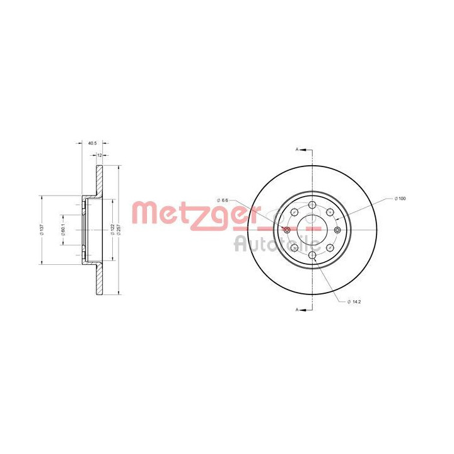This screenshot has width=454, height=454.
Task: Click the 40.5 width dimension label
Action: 92,143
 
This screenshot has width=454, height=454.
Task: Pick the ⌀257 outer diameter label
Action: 119,230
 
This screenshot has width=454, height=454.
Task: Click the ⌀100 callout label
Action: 399,199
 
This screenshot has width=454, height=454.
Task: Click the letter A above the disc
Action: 297,149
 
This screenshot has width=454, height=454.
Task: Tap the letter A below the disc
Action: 297,310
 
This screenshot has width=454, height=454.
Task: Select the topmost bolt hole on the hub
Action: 313,204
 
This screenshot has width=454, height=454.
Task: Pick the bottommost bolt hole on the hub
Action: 313,255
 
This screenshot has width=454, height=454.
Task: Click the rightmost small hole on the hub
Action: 338,230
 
